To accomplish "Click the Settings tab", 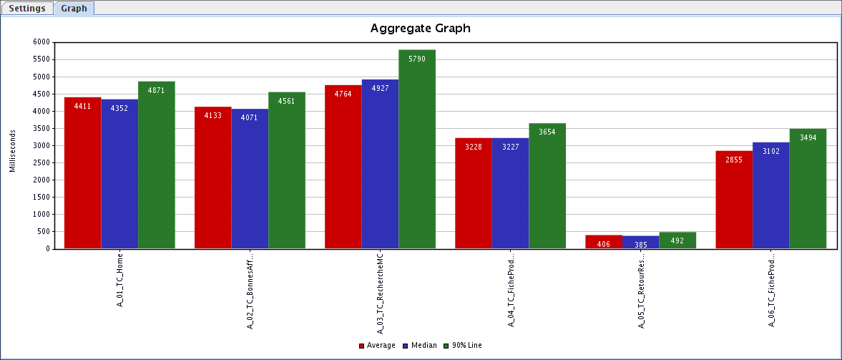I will point(27,9).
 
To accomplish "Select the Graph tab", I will point(74,9).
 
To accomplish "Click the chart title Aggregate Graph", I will point(420,29).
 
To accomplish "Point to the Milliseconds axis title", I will point(13,146).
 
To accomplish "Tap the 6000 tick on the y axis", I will point(41,42).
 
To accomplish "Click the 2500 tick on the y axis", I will point(41,162).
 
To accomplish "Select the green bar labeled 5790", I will point(417,150).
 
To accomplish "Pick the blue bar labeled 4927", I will point(380,165).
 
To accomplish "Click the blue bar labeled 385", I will point(640,243).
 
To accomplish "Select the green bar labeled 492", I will point(677,240).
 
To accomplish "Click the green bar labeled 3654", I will point(547,186).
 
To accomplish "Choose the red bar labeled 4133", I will point(213,178).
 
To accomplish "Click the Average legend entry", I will point(377,346).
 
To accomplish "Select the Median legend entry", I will point(420,346).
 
